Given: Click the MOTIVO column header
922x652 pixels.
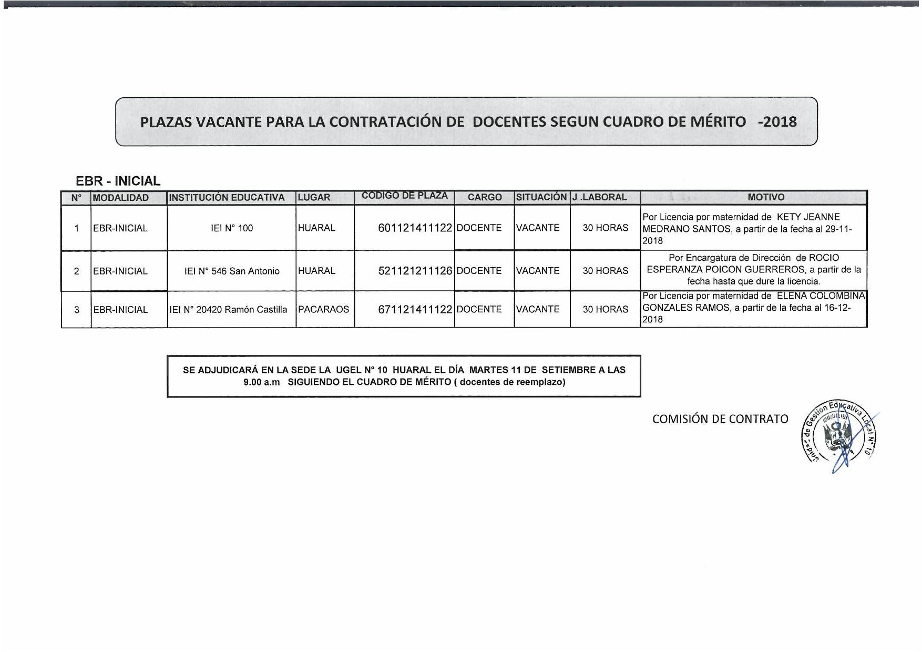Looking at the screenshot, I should (765, 197).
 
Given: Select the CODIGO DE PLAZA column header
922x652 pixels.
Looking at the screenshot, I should (404, 196).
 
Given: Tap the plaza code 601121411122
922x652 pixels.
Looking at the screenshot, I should (415, 228).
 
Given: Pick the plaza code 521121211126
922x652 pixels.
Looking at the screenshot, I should (415, 271).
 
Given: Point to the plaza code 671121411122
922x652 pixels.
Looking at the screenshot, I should (415, 310).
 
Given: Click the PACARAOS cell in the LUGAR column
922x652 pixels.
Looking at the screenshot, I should (323, 309).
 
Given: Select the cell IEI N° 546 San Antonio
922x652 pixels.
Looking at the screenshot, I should (232, 271).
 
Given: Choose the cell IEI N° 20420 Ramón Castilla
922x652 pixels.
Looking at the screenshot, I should (228, 310).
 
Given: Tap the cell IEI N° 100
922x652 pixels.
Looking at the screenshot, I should (232, 228).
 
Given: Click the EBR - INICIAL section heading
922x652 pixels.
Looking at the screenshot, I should (118, 181).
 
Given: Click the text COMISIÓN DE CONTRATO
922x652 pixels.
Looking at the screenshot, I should (720, 419).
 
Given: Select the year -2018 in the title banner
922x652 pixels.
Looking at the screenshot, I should (777, 122).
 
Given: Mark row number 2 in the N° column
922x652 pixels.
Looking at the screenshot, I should (77, 271).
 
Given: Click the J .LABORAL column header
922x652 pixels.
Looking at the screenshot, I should (599, 197).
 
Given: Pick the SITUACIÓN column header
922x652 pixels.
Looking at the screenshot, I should (541, 197).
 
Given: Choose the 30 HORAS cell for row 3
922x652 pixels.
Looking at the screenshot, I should (605, 309).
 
